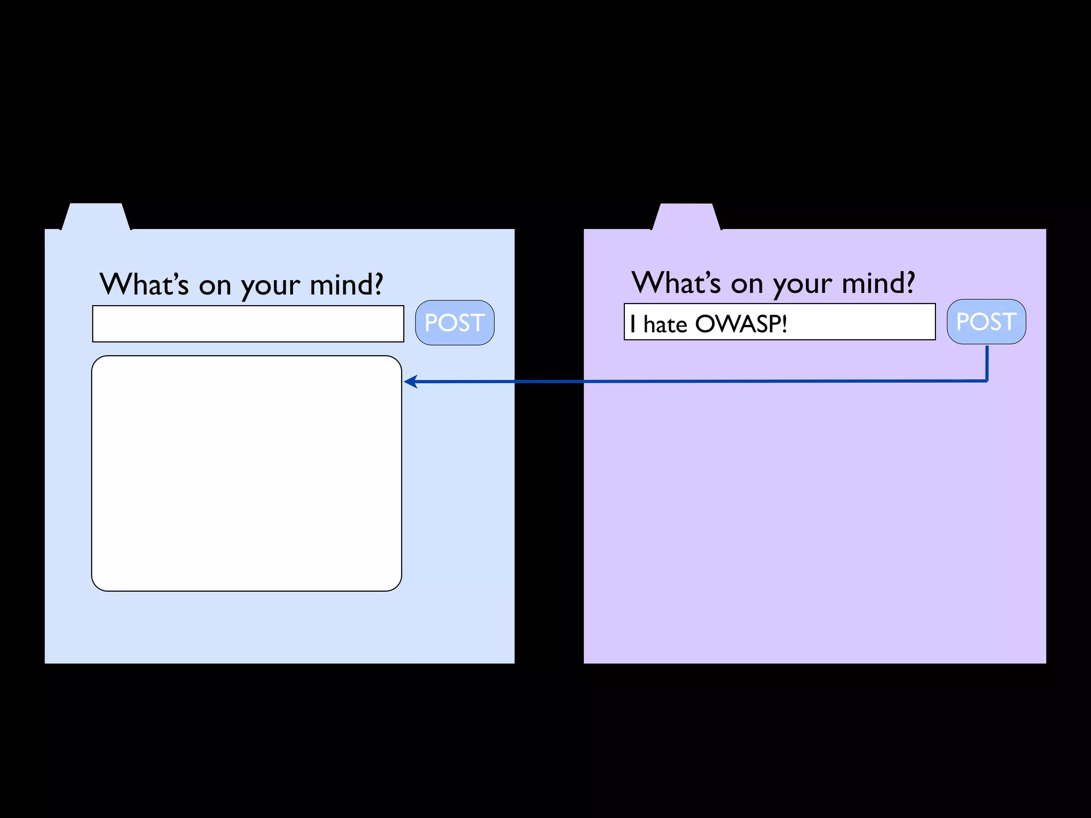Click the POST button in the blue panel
(454, 323)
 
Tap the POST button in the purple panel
(986, 322)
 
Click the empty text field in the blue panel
(248, 324)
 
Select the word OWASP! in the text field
(741, 324)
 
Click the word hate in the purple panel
(665, 324)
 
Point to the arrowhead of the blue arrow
(409, 381)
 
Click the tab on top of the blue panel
(95, 217)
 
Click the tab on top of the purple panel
(686, 217)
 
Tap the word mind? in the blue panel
(346, 284)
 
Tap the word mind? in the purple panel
(878, 283)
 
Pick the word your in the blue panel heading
(270, 287)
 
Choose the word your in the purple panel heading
(802, 285)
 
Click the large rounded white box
(247, 473)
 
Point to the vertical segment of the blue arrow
(987, 363)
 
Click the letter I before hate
(632, 324)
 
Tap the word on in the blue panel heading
(215, 287)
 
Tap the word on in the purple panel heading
(746, 285)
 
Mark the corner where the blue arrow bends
(987, 381)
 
